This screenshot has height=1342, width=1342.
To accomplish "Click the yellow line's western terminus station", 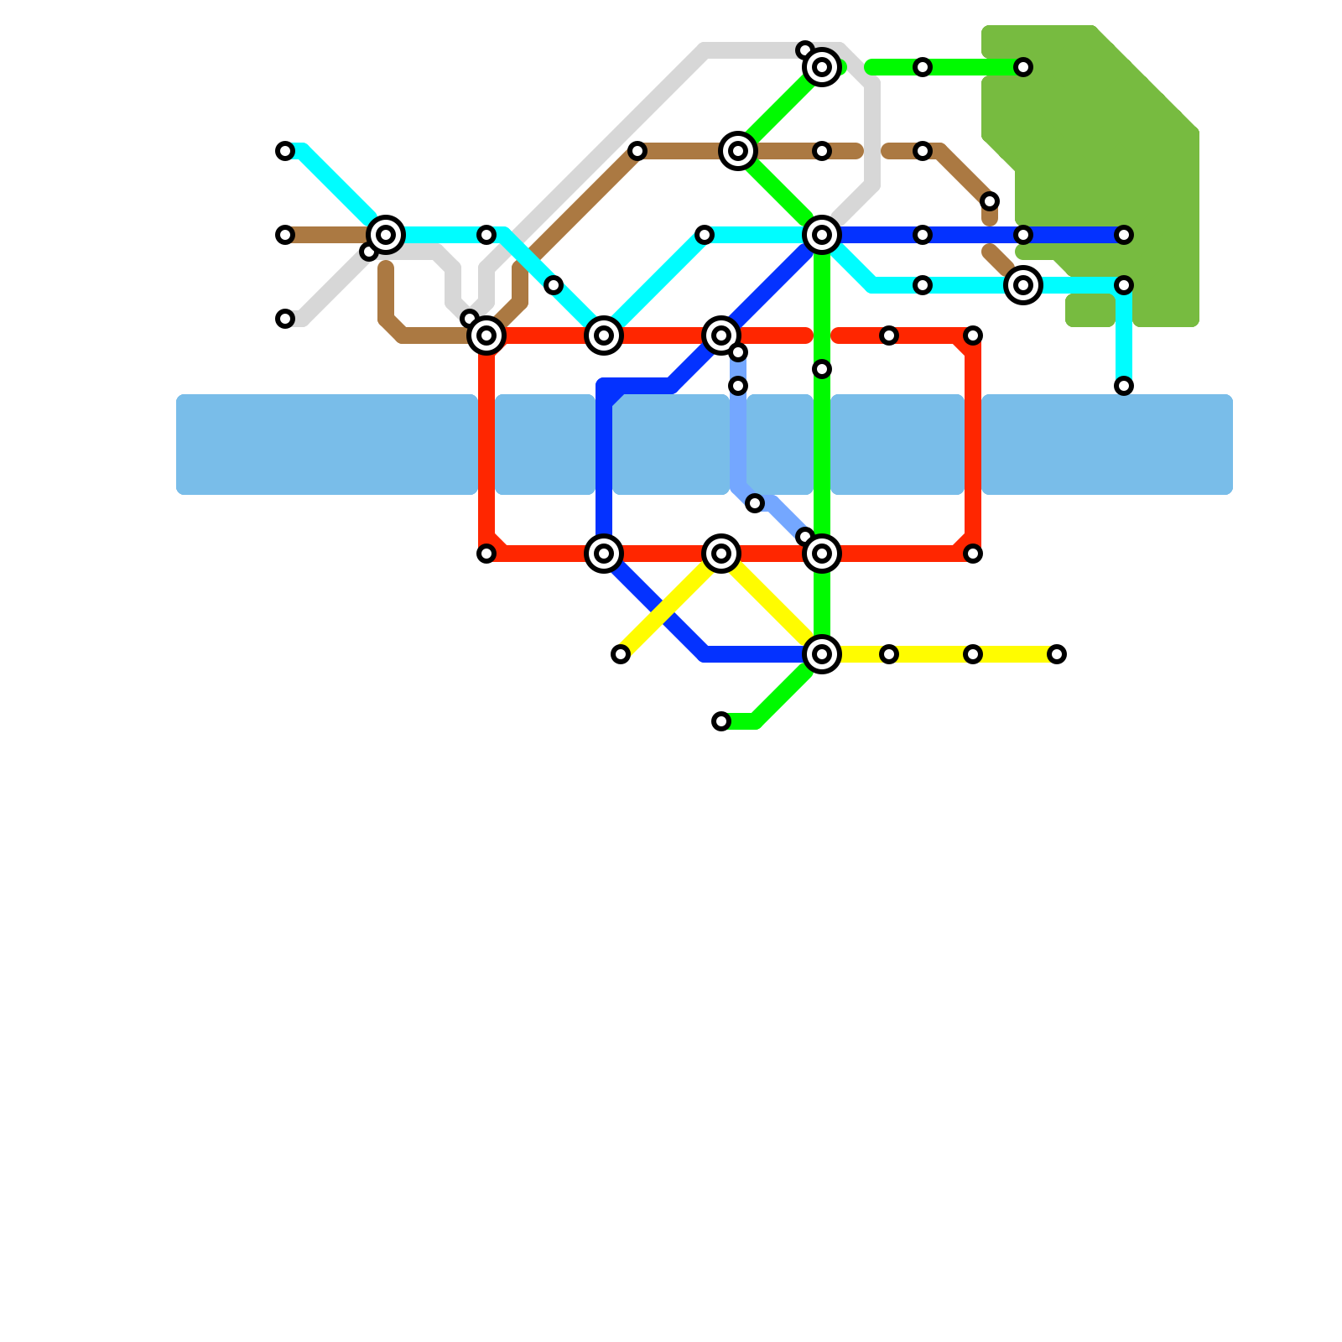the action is point(621,654).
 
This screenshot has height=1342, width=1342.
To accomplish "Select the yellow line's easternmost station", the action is point(1057,654).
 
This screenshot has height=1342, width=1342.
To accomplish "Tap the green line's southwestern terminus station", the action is point(721,721).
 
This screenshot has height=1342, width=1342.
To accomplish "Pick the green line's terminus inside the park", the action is point(1023,67).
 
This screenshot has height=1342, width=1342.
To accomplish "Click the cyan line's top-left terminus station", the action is point(285,151).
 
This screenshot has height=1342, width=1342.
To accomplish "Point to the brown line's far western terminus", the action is point(285,235).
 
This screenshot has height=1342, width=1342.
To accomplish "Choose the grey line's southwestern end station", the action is point(285,319).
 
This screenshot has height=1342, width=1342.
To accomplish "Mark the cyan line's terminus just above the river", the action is point(1124,386).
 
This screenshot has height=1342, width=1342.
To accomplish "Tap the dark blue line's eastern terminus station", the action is point(1124,235).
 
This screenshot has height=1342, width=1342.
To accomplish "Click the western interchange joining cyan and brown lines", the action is point(386,235).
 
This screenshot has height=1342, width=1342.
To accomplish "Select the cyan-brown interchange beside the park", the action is point(1023,285).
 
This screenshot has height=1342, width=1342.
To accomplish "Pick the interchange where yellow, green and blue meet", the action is point(822,654).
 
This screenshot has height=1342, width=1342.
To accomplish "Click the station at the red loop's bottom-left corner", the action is point(486,554).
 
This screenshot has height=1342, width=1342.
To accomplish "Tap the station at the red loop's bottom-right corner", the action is point(973,554).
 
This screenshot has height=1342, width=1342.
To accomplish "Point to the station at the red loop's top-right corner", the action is point(973,335).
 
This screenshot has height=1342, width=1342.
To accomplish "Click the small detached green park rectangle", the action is point(1090,310).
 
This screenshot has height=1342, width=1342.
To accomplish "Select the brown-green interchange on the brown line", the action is point(738,151).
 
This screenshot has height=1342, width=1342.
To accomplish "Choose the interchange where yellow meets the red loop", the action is point(721,554).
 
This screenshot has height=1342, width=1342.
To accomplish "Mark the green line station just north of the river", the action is point(822,369).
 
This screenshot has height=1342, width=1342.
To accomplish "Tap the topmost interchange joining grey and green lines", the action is point(822,67).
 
